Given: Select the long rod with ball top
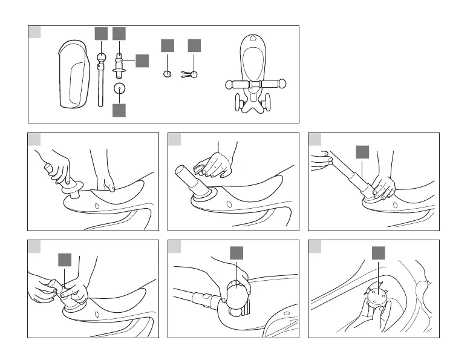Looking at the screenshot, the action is coord(101,79).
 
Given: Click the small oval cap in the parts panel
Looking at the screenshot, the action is coord(168,74).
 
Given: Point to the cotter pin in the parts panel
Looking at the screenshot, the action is coord(192,74).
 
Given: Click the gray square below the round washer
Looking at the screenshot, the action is coord(119,110).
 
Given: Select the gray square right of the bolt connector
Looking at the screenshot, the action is coord(142,61).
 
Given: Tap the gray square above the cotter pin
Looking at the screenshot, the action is coord(194,45).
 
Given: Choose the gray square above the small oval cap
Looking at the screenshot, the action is coord(168,45).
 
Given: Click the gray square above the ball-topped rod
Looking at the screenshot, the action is coord(101,34).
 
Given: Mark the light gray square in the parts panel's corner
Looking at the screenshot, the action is coord(35,32).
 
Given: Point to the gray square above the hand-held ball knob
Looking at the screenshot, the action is coord(236,253).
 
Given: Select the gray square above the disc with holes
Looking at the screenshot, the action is coord(378,253).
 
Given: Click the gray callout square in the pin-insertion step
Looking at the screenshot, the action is coord(65,259).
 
